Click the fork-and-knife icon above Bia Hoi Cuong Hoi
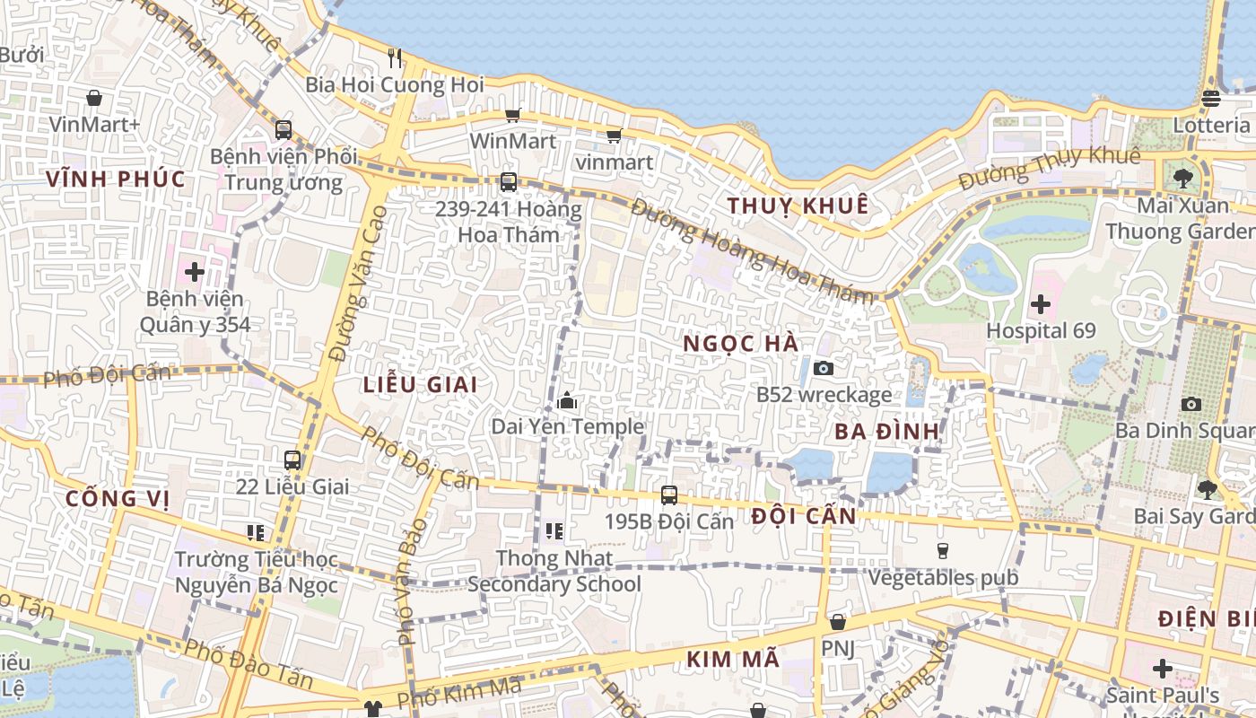[395, 58]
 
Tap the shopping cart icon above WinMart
[512, 115]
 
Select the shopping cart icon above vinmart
[614, 136]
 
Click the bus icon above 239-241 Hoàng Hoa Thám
[509, 182]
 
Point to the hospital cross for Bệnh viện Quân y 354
[195, 271]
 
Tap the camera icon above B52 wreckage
[823, 368]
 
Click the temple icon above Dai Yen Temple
[567, 400]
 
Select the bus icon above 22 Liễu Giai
[292, 460]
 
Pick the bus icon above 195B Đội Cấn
[669, 495]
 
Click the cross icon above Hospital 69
[1041, 304]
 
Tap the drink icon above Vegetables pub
[942, 550]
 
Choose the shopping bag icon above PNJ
[838, 622]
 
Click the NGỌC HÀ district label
[740, 344]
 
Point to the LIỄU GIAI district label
[420, 384]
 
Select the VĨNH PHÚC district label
[116, 179]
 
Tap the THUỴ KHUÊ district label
[798, 206]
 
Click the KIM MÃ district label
[733, 660]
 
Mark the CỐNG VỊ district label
[118, 498]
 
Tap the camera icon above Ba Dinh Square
[1191, 404]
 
